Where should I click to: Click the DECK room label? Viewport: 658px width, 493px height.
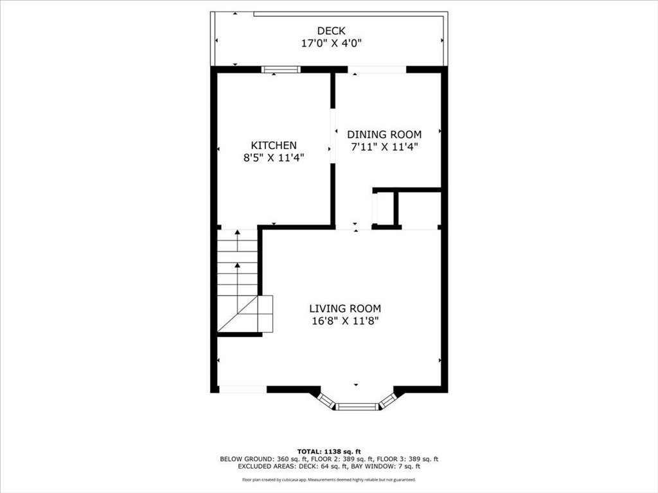pyautogui.click(x=331, y=31)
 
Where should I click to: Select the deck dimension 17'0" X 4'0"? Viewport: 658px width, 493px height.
pyautogui.click(x=331, y=43)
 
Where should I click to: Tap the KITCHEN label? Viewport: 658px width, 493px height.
pyautogui.click(x=274, y=145)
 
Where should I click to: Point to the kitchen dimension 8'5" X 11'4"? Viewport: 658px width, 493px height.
pyautogui.click(x=274, y=158)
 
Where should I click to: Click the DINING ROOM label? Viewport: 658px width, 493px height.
pyautogui.click(x=384, y=135)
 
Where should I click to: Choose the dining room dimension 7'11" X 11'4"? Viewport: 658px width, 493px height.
pyautogui.click(x=384, y=147)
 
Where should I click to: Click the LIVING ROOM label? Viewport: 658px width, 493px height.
pyautogui.click(x=345, y=309)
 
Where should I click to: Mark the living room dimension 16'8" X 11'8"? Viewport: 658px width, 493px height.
pyautogui.click(x=345, y=321)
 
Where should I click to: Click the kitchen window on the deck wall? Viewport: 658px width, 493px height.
pyautogui.click(x=281, y=69)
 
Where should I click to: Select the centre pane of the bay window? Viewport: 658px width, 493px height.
pyautogui.click(x=357, y=406)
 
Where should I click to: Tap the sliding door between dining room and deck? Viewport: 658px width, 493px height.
pyautogui.click(x=377, y=69)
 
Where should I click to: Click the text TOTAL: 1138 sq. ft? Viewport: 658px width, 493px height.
pyautogui.click(x=329, y=451)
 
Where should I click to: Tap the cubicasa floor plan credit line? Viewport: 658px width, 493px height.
pyautogui.click(x=329, y=480)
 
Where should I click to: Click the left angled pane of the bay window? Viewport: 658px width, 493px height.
pyautogui.click(x=326, y=400)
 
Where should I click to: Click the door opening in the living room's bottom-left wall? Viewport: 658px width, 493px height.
pyautogui.click(x=243, y=390)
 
